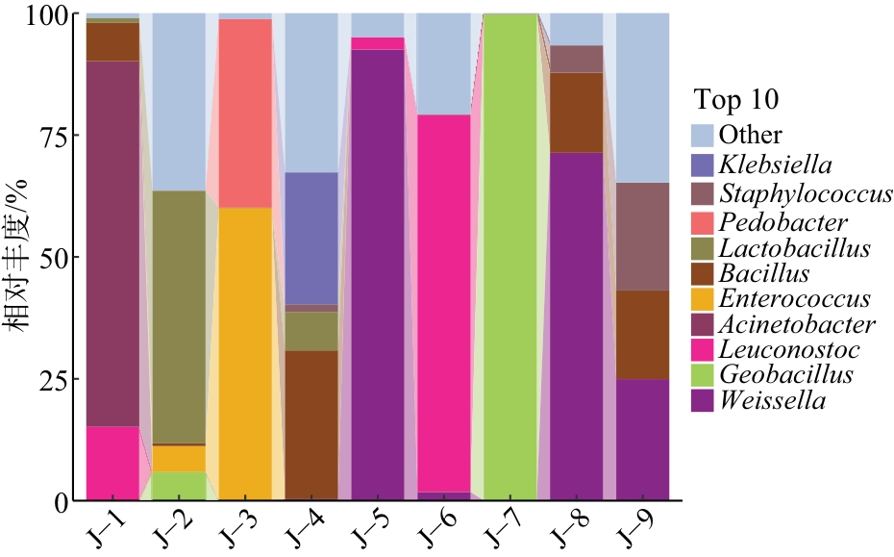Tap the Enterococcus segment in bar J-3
[245, 353]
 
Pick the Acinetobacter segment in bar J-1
[112, 243]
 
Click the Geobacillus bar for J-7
[509, 257]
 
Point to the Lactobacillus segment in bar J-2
[179, 317]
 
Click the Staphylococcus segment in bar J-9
[642, 237]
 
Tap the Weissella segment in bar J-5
[377, 274]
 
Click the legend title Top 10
[737, 101]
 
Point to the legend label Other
[751, 135]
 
